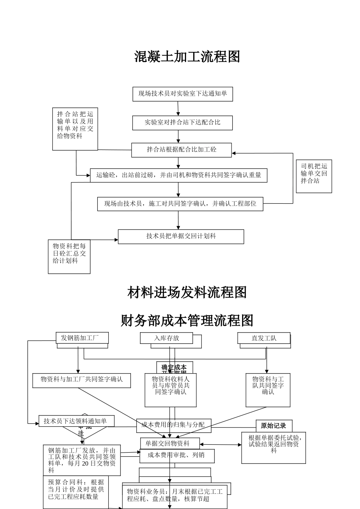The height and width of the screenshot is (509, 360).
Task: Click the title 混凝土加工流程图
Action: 187,57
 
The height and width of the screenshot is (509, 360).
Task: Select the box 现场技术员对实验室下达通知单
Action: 182,94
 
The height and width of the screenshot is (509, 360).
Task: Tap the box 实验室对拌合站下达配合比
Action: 182,123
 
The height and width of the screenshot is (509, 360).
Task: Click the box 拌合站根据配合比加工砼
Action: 182,150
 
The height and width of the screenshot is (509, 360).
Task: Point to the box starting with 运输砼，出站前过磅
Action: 178,175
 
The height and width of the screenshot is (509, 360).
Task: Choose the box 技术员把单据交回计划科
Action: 181,236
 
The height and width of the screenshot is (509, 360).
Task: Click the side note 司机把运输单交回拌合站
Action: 314,176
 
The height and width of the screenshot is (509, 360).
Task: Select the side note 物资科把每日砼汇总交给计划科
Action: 69,256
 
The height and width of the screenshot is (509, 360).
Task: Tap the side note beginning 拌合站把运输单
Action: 75,128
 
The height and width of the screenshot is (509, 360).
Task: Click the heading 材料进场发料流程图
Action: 187,292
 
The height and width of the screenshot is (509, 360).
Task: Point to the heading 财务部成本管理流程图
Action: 187,321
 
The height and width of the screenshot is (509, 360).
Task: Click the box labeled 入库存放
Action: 166,338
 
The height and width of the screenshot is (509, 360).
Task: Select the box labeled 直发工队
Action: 264,338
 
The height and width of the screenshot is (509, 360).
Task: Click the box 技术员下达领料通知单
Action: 76,421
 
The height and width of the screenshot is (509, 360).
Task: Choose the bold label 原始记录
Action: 274,426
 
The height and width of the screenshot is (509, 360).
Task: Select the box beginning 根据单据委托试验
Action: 274,447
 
